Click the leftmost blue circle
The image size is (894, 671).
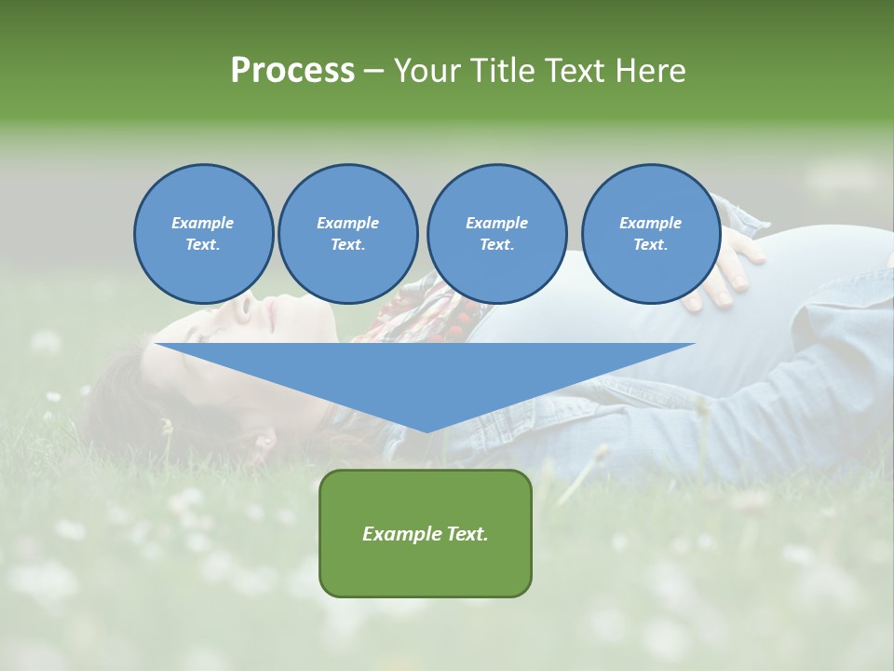pyautogui.click(x=203, y=234)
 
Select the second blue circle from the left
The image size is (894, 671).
pyautogui.click(x=347, y=234)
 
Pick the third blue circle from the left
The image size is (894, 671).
pyautogui.click(x=496, y=234)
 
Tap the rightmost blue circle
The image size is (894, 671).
pyautogui.click(x=650, y=234)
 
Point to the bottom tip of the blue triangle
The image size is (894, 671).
pyautogui.click(x=426, y=431)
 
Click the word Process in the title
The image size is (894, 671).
pyautogui.click(x=292, y=70)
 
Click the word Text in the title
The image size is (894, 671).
pyautogui.click(x=576, y=70)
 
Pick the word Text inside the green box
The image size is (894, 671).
pyautogui.click(x=467, y=534)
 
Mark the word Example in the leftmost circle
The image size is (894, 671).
pyautogui.click(x=203, y=223)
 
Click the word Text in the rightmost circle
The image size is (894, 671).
pyautogui.click(x=650, y=245)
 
